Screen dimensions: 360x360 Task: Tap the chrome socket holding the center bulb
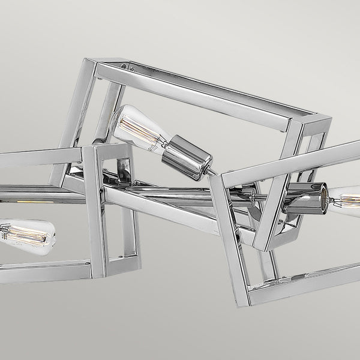click(x=187, y=158)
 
